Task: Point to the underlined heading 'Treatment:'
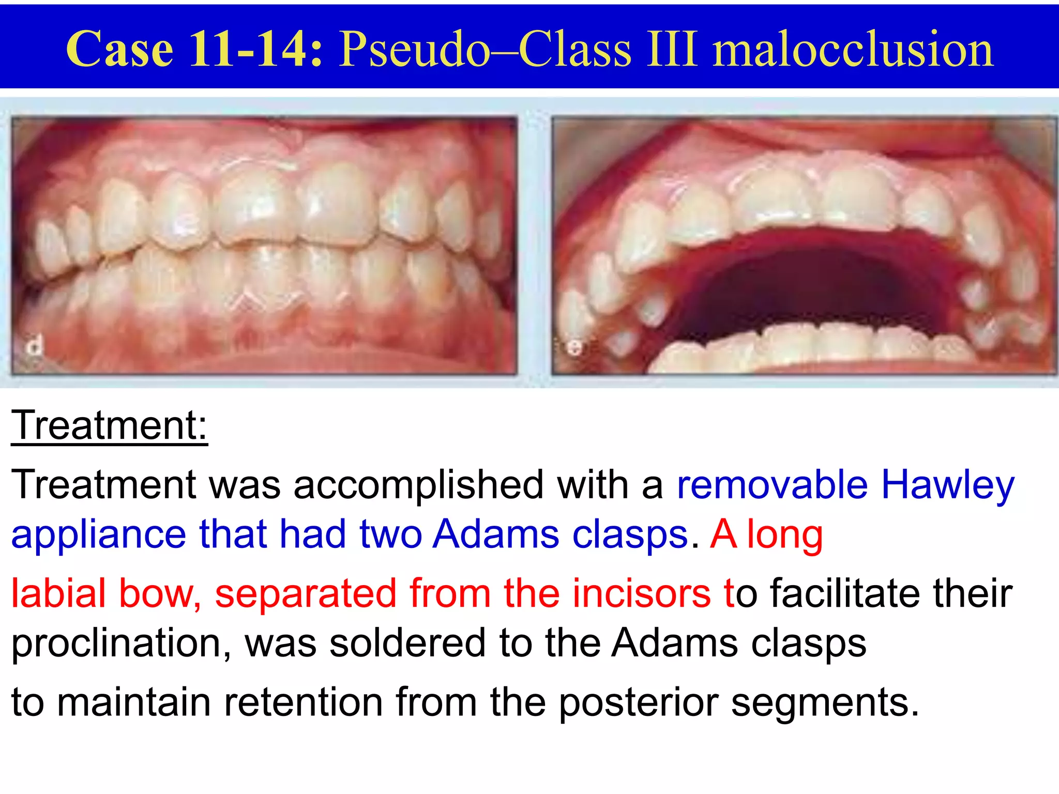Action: (109, 425)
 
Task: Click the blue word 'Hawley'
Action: (947, 485)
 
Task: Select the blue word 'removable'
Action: (771, 485)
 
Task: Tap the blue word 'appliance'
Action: (98, 535)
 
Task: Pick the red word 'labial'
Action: (58, 592)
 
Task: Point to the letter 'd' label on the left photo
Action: (35, 345)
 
